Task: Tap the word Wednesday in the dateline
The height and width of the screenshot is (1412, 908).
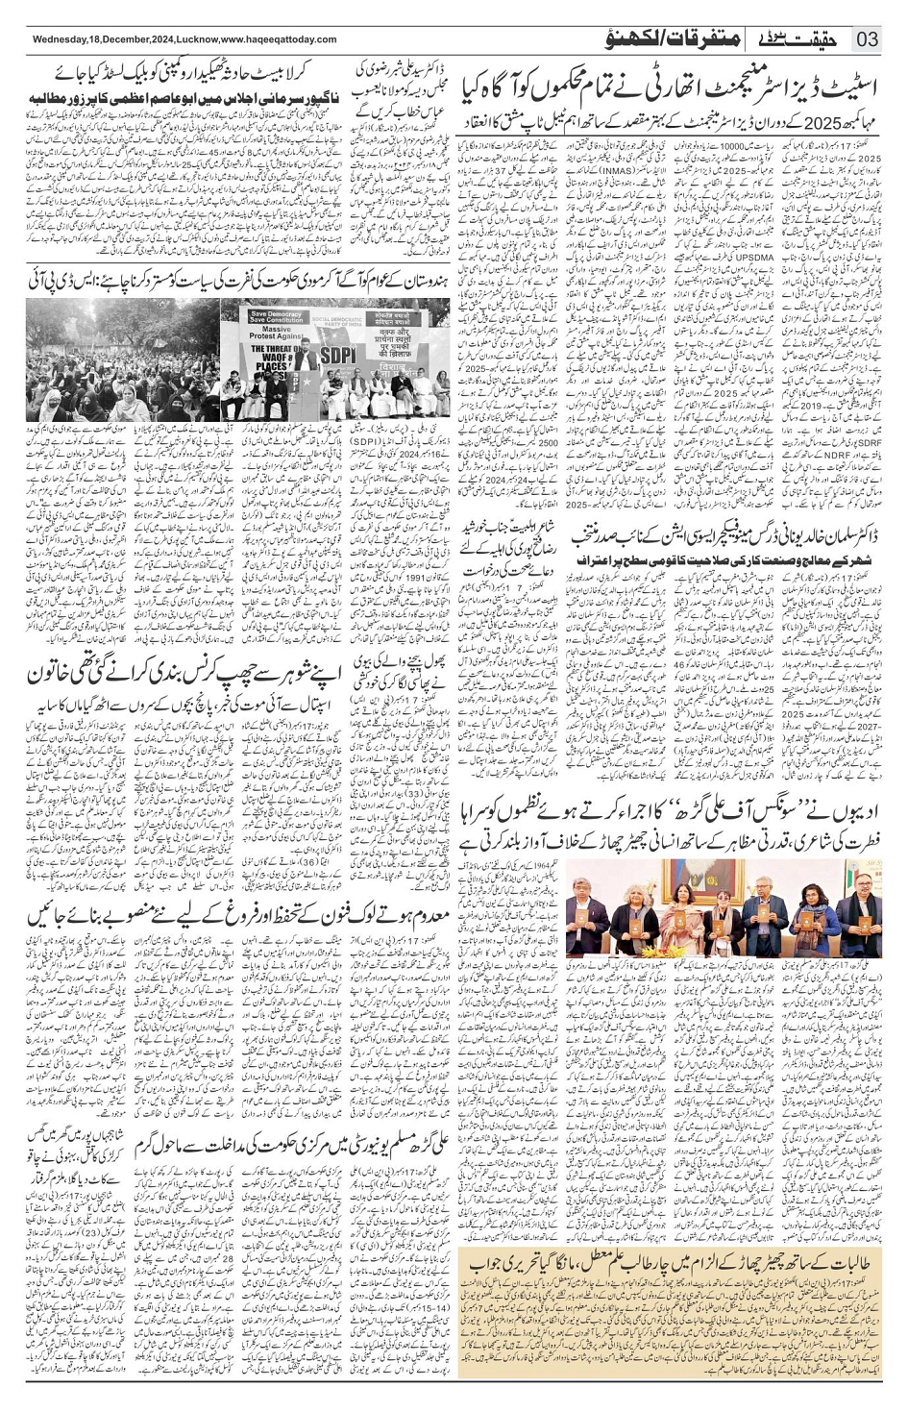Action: tap(60, 39)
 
